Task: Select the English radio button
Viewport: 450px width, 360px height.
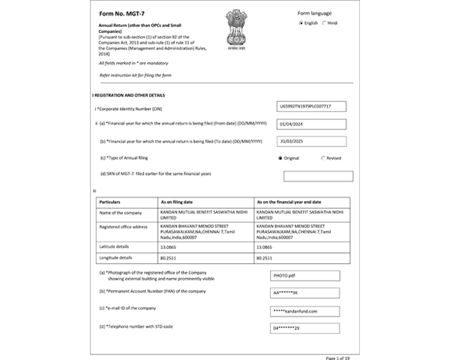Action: point(301,23)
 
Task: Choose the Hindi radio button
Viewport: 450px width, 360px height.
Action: point(325,23)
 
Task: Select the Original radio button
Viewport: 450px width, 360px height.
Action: point(280,158)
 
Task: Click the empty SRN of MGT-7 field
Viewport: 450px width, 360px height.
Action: point(318,176)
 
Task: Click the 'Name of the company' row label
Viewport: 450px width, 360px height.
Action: point(120,214)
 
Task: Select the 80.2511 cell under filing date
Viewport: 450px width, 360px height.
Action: point(169,257)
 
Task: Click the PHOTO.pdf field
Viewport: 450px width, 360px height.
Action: point(304,275)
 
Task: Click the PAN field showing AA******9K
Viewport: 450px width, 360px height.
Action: point(304,292)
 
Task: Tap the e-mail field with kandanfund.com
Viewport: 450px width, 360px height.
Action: point(304,310)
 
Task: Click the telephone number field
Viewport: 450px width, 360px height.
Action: point(304,328)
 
